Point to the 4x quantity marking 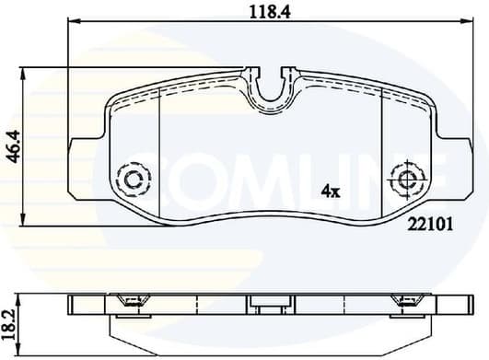coord(331,192)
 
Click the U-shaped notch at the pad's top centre coord(270,90)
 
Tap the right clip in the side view coord(404,299)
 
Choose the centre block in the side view coord(270,302)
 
